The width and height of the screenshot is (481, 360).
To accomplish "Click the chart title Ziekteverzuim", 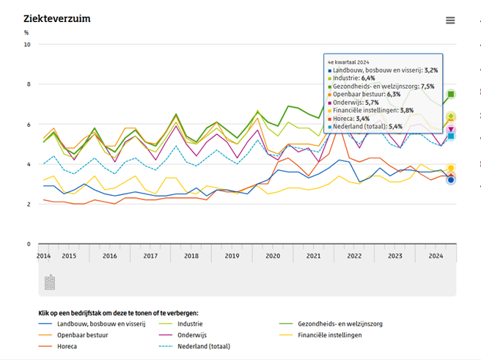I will coord(56,19).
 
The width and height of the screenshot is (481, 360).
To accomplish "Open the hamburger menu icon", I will coord(450,21).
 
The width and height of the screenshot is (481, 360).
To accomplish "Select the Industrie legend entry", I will coord(190,323).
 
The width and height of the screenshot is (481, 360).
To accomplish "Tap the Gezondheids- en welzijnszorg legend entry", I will coord(340,323).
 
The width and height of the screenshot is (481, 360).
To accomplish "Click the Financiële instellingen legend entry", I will coord(330,335).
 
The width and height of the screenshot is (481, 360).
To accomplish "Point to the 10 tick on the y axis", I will coord(27,45).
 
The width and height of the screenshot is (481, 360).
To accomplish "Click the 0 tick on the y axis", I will coord(29,244).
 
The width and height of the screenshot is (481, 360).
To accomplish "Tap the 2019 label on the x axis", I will coord(232,256).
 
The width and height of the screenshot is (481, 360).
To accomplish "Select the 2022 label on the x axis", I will coord(354,256).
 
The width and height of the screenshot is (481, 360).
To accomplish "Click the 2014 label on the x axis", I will coord(43,256).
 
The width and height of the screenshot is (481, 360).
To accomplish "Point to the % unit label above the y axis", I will coord(26,32).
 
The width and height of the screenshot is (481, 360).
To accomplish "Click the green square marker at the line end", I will coord(451,94).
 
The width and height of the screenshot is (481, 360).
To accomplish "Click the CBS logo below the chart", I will coord(50,282).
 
